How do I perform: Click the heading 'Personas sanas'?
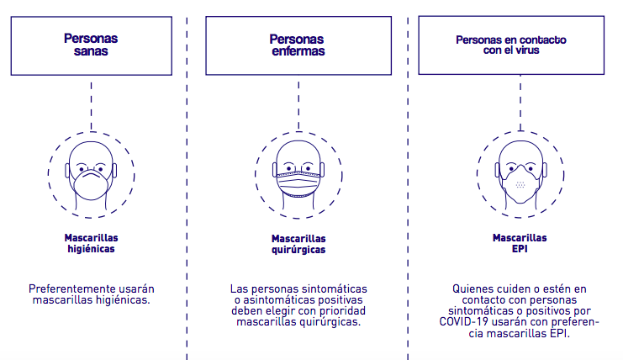point(91,45)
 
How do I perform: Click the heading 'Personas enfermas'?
point(298,45)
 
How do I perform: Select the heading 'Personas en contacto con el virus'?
point(511,45)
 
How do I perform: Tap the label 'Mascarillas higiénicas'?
point(91,243)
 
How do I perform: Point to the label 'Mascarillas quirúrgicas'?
point(298,244)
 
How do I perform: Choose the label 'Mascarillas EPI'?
point(520,243)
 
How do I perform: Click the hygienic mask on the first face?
point(91,184)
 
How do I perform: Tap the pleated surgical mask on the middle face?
point(298,183)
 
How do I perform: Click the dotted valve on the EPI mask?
point(520,184)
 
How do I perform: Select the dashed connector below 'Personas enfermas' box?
point(298,106)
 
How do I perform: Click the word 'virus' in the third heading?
point(528,50)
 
